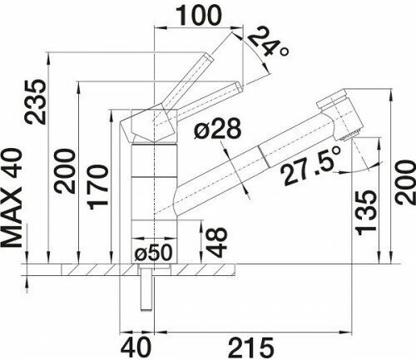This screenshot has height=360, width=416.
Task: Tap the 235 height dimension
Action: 34,101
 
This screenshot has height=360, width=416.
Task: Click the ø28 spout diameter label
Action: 217,129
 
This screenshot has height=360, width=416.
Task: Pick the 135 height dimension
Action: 366,213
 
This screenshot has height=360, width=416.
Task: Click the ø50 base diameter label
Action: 153,253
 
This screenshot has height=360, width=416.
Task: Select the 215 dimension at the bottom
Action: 250,348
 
